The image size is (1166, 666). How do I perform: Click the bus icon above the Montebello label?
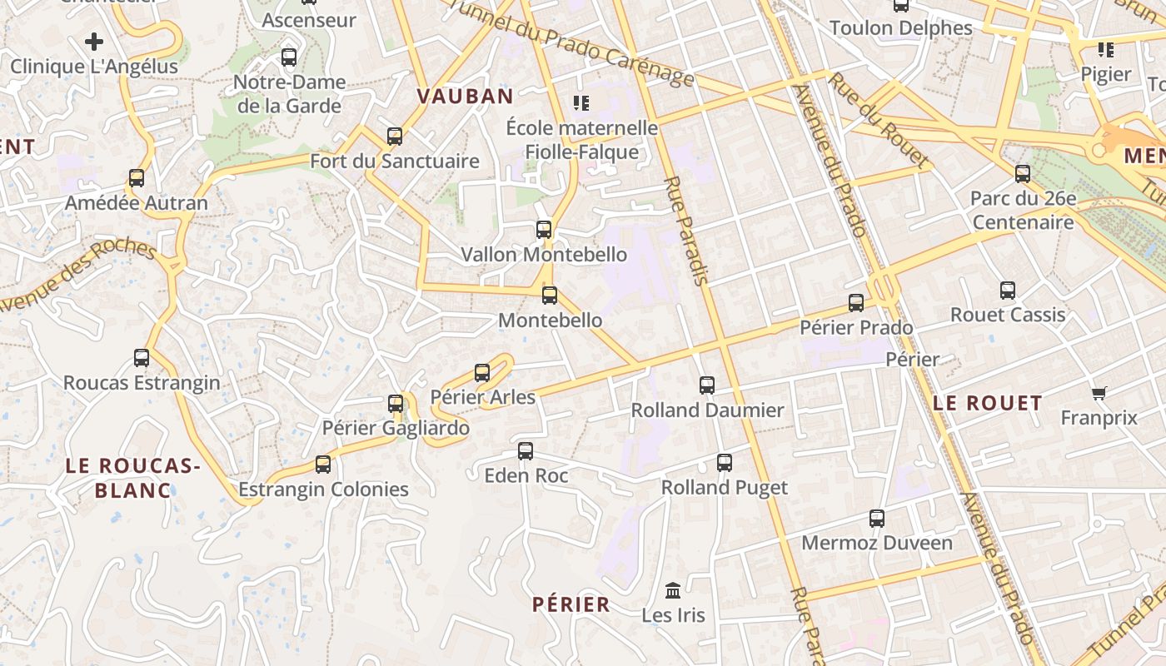(550, 296)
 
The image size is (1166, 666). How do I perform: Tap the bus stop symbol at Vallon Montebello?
(544, 230)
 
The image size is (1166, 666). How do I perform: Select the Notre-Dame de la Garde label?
(290, 94)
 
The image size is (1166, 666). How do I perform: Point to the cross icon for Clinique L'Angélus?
(94, 41)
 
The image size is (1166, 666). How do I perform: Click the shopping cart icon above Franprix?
(1099, 393)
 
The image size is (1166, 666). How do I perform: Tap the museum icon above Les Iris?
(673, 590)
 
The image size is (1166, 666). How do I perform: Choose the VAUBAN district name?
(465, 97)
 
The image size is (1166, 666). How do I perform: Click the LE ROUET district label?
(987, 404)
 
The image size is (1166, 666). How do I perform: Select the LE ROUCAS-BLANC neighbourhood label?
(133, 478)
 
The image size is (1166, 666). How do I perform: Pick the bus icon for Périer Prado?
(856, 303)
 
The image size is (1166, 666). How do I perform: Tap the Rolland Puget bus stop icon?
(725, 463)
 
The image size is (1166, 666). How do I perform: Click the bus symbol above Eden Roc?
(526, 451)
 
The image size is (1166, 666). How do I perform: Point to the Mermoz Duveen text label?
(877, 544)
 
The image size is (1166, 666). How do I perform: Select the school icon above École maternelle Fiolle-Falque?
(581, 103)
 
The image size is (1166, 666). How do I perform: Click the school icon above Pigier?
(1106, 50)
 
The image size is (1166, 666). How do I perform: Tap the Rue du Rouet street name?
(879, 121)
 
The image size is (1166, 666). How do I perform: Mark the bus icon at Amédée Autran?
(137, 178)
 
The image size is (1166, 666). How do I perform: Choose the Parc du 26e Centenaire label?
(1023, 211)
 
